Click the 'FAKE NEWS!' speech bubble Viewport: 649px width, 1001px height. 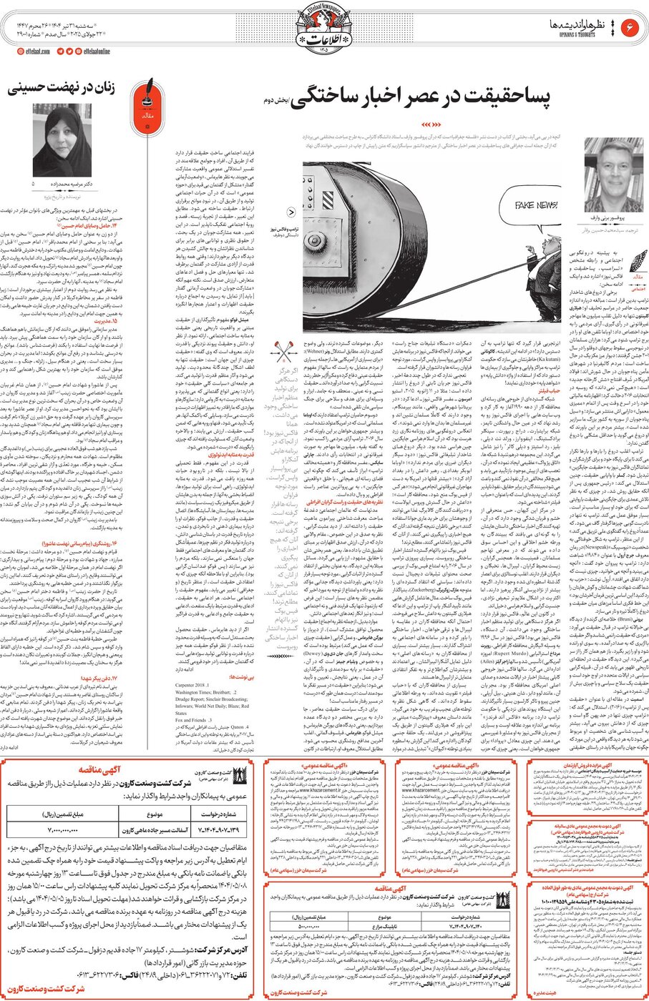pyautogui.click(x=536, y=207)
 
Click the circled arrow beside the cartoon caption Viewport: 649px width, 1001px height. pyautogui.click(x=291, y=212)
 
